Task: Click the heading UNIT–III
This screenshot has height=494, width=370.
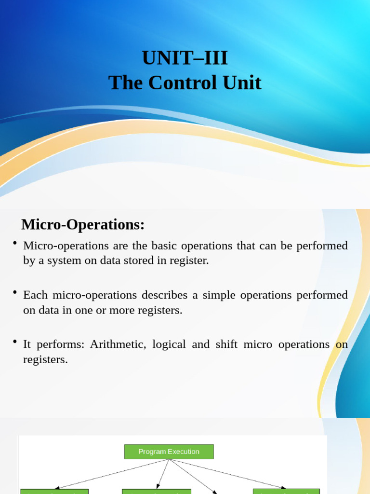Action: (x=185, y=58)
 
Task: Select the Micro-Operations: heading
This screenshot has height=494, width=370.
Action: (x=83, y=224)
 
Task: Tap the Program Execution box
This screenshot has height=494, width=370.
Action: (x=169, y=452)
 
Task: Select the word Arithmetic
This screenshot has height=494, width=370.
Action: (x=118, y=344)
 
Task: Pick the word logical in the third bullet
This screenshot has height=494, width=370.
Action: (x=169, y=344)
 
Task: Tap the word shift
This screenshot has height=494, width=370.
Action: (x=224, y=344)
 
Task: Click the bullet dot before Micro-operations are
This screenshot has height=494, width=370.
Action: (x=15, y=242)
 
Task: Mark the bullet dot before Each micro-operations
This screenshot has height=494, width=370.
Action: (x=15, y=291)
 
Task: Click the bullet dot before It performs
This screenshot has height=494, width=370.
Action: (x=15, y=341)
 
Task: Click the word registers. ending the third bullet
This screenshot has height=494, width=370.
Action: (x=45, y=360)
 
